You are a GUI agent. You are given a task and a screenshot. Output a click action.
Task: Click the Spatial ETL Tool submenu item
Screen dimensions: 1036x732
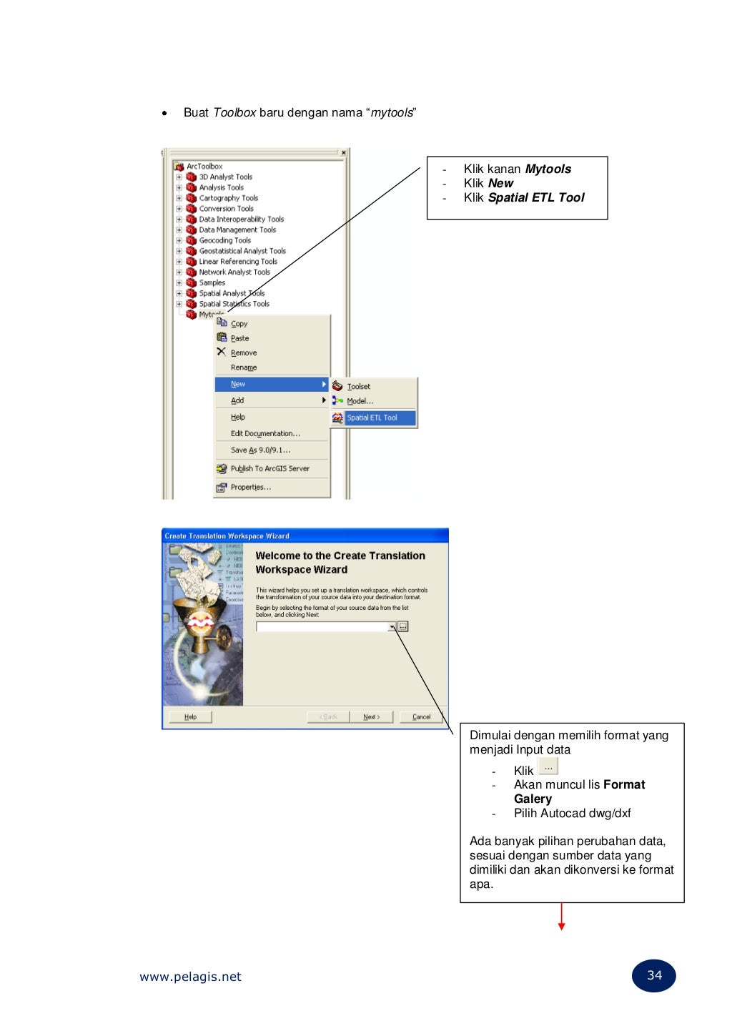click(x=372, y=418)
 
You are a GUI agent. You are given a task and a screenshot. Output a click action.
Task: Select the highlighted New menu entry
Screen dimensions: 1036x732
click(x=272, y=385)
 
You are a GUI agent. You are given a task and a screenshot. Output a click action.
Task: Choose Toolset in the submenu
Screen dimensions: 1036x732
click(x=358, y=387)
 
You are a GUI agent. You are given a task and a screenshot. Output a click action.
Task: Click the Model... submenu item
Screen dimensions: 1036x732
click(x=360, y=402)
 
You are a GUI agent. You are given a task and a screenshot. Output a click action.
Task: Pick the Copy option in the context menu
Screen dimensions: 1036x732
click(x=239, y=324)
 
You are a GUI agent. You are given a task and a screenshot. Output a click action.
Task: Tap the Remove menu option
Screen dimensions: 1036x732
click(x=243, y=353)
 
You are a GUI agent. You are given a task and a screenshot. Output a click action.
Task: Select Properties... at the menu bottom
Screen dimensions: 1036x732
click(x=250, y=488)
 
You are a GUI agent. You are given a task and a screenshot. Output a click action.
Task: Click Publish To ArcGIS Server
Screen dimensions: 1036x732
click(x=269, y=469)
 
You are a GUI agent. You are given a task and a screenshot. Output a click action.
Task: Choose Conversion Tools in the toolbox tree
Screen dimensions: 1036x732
click(x=226, y=209)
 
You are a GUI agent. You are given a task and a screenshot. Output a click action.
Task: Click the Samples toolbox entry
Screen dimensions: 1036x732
click(x=212, y=283)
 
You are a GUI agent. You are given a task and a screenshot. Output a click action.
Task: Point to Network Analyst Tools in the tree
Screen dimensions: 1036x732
click(x=234, y=272)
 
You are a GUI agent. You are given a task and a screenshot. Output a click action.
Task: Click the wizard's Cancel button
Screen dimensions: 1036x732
click(x=421, y=717)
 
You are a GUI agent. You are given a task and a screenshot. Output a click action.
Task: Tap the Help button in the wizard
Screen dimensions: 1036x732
click(x=190, y=717)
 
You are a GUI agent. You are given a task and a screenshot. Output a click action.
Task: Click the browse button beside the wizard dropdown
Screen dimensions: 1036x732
click(x=403, y=627)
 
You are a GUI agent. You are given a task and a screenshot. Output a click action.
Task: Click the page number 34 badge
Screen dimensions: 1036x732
click(x=654, y=976)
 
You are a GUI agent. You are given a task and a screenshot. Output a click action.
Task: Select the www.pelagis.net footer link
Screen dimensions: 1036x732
click(x=190, y=977)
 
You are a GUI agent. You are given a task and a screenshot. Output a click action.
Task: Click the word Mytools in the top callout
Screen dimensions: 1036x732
click(x=548, y=169)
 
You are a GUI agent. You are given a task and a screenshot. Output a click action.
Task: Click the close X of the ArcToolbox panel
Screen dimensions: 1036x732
click(x=344, y=153)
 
